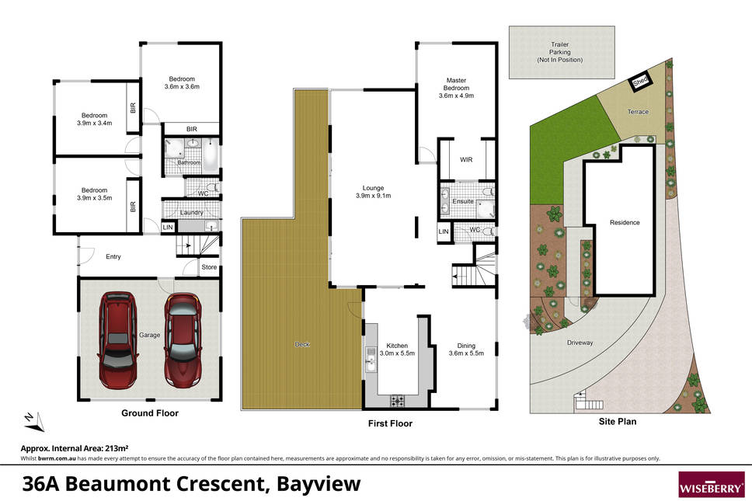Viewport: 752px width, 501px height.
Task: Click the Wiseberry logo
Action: (x=712, y=485)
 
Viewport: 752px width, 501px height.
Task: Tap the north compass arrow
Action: (x=34, y=421)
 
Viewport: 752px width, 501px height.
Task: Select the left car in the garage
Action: (x=118, y=340)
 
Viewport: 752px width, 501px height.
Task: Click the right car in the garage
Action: (x=183, y=340)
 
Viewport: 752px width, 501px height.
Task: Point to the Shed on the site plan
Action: (x=640, y=81)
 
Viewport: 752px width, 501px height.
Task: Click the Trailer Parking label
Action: (x=559, y=52)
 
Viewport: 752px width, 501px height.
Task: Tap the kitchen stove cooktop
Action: (x=397, y=400)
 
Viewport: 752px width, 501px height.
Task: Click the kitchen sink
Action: (x=371, y=360)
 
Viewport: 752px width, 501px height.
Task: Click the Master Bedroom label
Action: (x=456, y=84)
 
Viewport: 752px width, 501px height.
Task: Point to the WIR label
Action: (x=466, y=160)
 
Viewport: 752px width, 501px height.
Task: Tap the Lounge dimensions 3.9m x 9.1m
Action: (x=373, y=196)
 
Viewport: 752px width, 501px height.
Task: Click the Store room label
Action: (x=209, y=267)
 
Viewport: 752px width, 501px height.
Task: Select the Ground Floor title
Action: (x=150, y=412)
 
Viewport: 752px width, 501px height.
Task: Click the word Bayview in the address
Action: (x=319, y=484)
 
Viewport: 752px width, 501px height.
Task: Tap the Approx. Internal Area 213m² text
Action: (x=75, y=448)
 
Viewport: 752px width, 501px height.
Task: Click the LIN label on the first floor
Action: (x=444, y=231)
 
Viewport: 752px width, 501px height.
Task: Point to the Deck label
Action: (x=302, y=344)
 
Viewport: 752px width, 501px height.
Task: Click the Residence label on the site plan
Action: (x=625, y=222)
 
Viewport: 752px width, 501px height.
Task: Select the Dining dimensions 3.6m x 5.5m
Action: (x=466, y=353)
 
